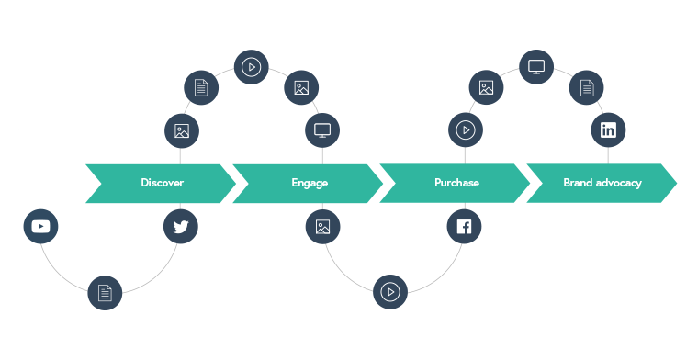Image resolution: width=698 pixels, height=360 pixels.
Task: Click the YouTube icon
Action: (40, 226)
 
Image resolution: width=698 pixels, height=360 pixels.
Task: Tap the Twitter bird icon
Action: (181, 226)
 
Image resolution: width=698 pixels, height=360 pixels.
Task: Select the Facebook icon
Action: (464, 226)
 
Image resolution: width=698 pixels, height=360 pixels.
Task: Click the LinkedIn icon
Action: (608, 129)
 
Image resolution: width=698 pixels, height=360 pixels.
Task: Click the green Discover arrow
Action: (161, 183)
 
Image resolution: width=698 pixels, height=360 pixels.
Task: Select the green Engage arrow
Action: (308, 183)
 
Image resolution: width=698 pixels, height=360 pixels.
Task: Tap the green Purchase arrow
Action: (455, 183)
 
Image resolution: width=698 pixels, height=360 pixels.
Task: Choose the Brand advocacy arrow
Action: (602, 183)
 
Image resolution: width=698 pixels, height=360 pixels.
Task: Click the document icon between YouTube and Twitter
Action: (105, 293)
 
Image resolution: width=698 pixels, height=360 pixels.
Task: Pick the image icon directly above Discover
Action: (182, 130)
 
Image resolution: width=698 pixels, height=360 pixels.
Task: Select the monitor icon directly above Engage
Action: (322, 130)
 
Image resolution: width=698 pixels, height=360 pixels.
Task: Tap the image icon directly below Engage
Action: (322, 226)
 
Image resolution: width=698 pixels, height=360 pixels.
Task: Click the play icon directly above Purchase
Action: (466, 130)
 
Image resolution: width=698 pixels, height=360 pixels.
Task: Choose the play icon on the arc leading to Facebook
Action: (390, 293)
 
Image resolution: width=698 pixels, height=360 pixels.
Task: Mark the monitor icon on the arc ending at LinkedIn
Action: (536, 66)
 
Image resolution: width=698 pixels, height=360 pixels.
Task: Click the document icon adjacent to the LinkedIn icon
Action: (587, 88)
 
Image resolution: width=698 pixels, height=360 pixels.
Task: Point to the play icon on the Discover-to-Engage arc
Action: (252, 66)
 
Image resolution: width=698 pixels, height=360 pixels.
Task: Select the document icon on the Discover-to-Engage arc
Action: (201, 88)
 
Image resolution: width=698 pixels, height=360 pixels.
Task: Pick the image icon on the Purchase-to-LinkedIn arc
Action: (487, 88)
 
